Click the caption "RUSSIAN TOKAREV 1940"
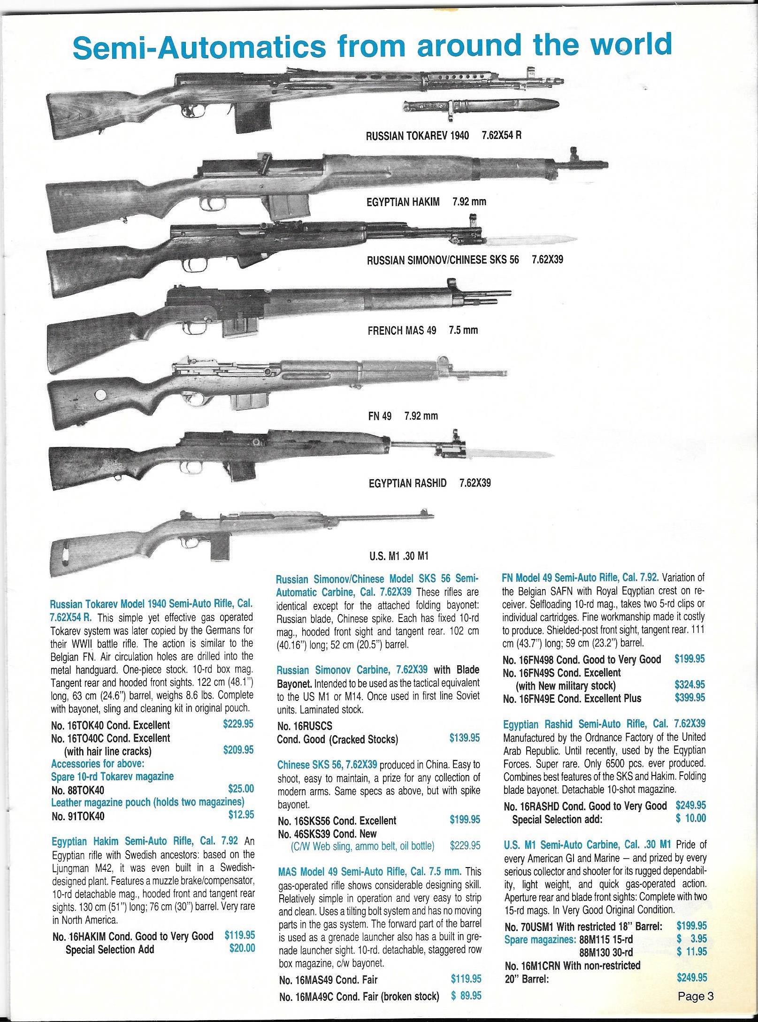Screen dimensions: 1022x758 point(417,136)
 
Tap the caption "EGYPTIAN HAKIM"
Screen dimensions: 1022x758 point(403,202)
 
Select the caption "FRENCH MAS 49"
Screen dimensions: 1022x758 point(402,330)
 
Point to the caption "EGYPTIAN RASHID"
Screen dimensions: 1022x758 point(407,483)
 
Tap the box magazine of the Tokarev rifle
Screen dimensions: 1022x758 point(254,117)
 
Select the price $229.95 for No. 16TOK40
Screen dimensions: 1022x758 point(238,724)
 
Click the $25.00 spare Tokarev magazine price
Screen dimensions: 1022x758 point(241,789)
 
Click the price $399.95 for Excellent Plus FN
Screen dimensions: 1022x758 point(690,698)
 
